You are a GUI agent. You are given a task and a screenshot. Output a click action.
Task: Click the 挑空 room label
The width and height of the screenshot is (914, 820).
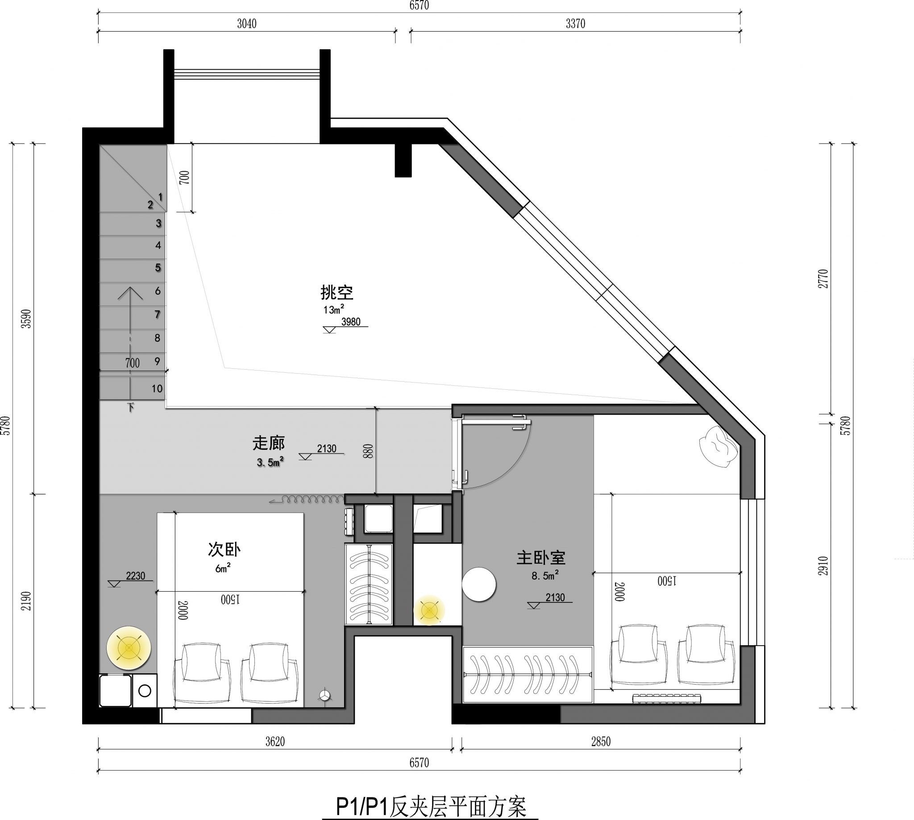337,293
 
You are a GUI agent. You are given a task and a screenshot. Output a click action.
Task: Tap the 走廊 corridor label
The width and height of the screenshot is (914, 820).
269,443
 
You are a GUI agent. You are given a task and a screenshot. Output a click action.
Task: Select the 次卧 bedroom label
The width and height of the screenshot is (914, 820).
224,550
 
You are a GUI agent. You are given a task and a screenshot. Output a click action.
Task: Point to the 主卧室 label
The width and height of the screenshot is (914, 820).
541,558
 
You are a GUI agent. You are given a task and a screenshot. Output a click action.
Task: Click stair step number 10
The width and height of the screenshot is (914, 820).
157,388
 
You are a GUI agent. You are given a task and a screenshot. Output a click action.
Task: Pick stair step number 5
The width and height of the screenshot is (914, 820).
158,268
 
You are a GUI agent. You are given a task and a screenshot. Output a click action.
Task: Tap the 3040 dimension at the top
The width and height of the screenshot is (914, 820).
247,24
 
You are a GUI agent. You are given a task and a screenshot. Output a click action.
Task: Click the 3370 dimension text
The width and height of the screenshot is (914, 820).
575,24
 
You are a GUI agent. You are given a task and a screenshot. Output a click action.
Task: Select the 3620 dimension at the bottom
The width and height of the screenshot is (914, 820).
274,742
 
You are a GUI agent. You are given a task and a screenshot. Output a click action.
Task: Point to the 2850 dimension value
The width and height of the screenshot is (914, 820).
601,742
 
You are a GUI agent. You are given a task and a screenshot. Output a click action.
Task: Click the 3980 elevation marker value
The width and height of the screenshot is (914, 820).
351,321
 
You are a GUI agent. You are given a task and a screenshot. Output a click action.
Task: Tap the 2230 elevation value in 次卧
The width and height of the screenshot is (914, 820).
135,576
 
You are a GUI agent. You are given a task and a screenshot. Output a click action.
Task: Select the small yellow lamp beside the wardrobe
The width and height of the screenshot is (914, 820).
429,610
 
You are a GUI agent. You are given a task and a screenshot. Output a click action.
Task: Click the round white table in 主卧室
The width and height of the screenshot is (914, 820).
479,585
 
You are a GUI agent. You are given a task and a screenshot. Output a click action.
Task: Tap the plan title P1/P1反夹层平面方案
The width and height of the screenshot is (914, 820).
431,807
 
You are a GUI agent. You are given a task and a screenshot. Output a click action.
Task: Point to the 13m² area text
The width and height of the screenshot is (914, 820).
334,309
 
